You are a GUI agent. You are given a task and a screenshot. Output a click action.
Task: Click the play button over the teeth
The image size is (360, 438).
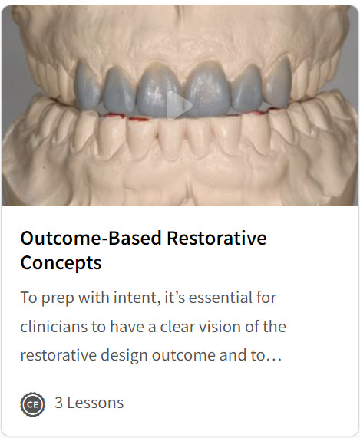pos(179,106)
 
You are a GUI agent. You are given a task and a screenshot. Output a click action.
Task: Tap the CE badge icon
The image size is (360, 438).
pos(33,404)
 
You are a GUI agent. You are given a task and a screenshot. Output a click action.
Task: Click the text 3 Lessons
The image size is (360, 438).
pos(89,403)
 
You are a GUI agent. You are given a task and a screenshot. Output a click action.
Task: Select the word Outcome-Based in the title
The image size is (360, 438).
pos(91,239)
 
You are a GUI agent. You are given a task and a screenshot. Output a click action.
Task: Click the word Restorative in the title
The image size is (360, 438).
pos(216,239)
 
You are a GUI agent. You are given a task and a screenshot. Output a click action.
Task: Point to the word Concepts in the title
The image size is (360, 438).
pos(61,263)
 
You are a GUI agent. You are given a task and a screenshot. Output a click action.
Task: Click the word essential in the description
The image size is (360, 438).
pos(214,298)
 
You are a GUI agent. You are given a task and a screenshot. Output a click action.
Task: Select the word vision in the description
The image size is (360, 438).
pos(218,327)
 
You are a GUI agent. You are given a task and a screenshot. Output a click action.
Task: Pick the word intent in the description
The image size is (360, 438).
pos(137,298)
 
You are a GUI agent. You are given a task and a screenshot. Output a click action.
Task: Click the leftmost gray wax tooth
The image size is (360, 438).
pos(88,85)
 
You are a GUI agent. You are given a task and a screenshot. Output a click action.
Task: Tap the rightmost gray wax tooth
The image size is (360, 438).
pos(278,84)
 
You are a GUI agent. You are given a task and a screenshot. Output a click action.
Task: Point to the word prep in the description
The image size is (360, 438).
pos(58,298)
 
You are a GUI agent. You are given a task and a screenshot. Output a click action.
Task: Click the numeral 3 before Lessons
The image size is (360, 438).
pos(58,403)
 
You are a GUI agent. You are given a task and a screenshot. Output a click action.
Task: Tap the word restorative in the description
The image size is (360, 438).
pos(58,356)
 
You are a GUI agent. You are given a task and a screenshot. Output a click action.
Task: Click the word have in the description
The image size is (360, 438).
pos(127,327)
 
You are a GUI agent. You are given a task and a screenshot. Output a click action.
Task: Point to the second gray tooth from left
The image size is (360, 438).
pos(119,90)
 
